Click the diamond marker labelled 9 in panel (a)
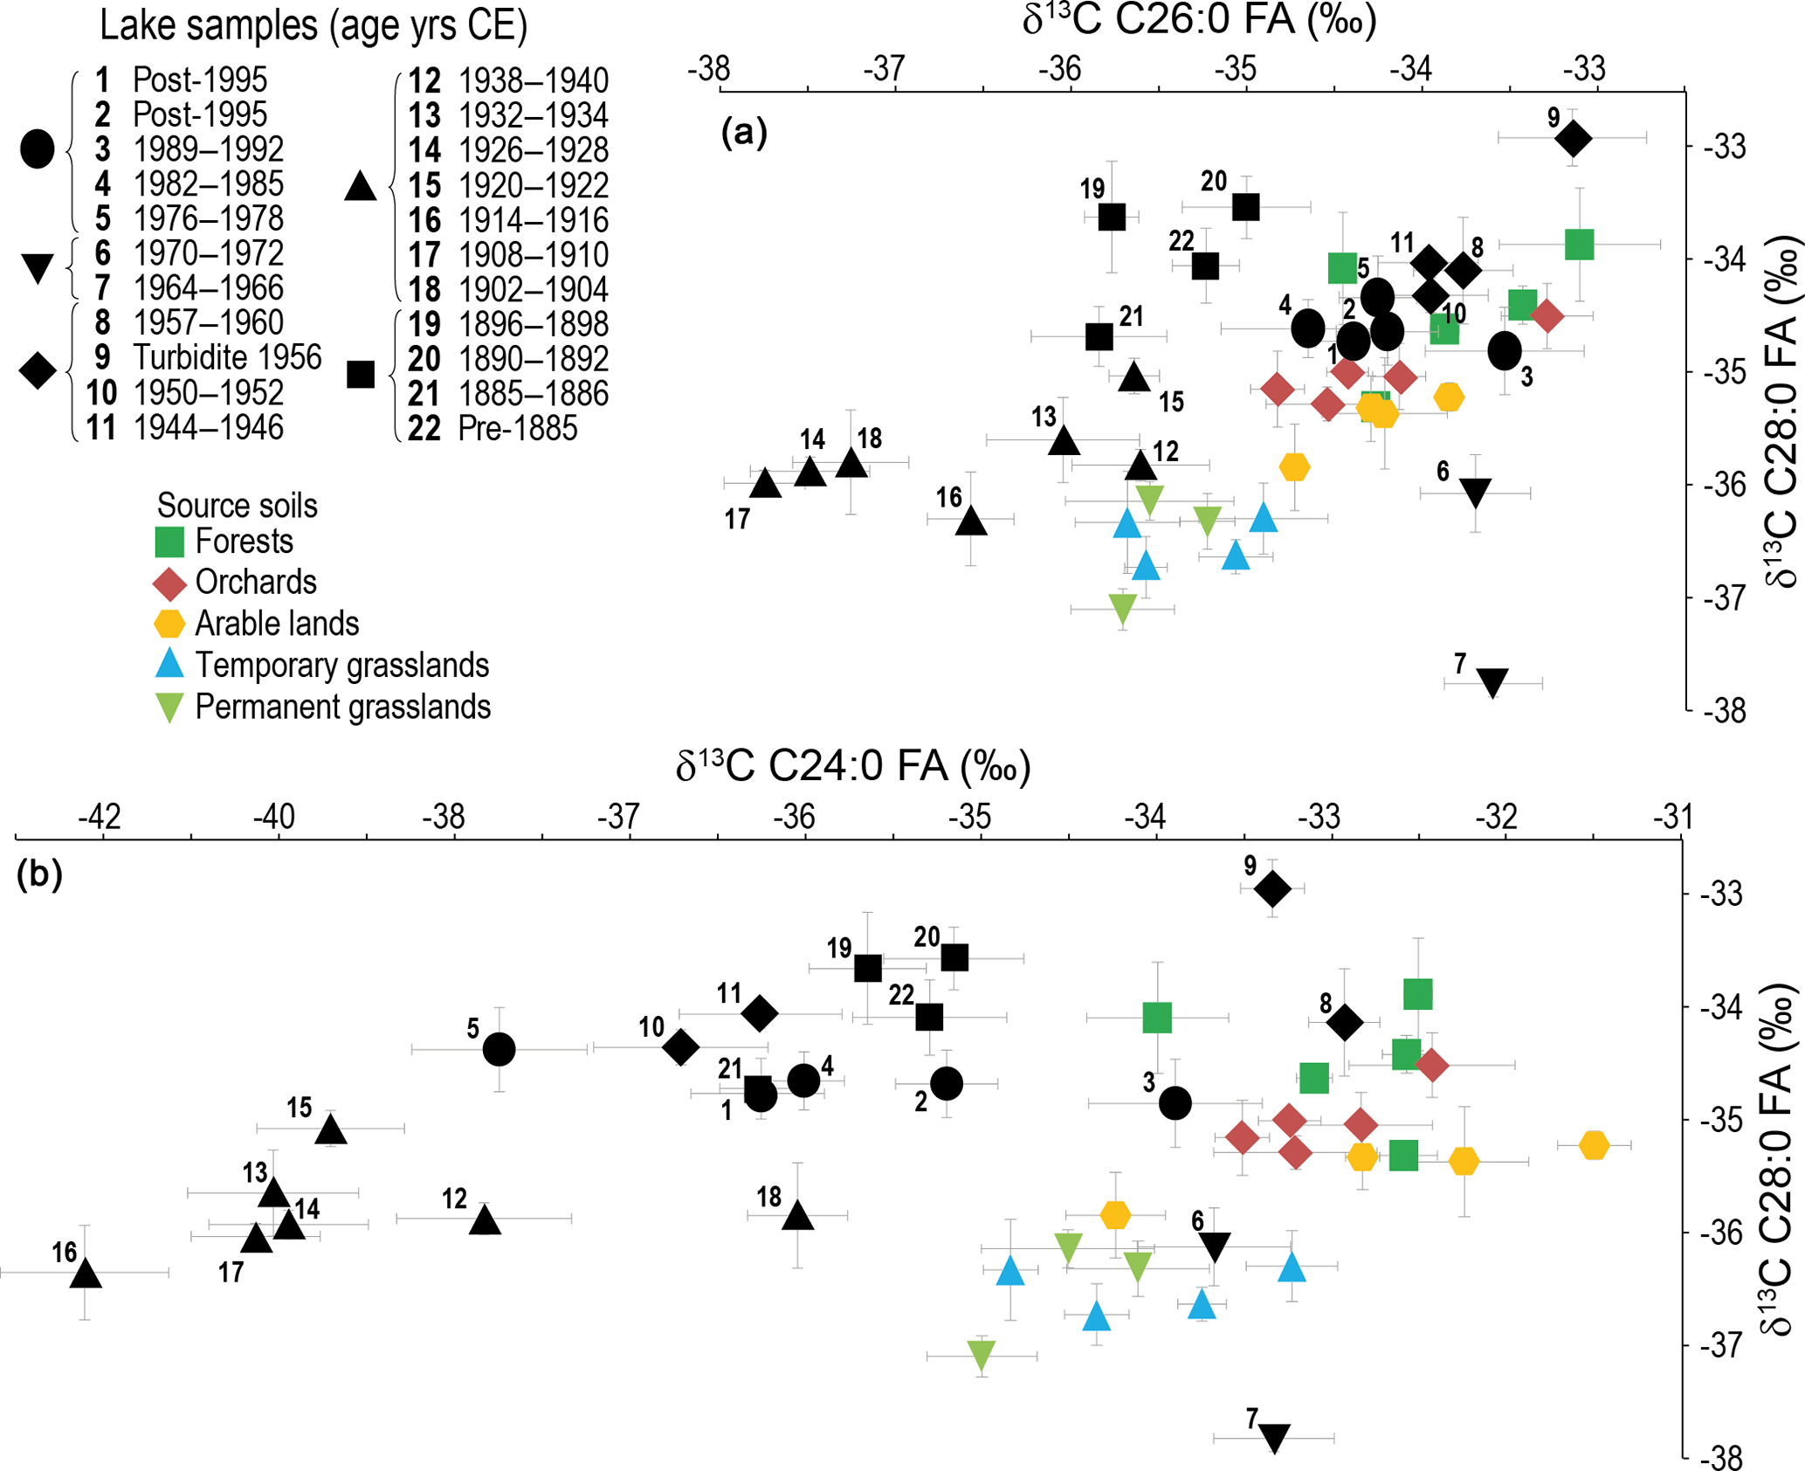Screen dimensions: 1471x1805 (1573, 138)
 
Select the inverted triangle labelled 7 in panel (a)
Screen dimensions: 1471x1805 (1492, 681)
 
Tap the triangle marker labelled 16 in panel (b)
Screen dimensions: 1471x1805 (86, 1274)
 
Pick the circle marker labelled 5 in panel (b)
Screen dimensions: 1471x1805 (499, 1049)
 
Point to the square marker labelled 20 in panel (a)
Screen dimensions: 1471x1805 (1246, 207)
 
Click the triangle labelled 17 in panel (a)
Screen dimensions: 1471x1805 (766, 483)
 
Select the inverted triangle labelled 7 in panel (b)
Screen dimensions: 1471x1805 (1274, 1437)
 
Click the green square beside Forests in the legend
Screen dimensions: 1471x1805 (169, 542)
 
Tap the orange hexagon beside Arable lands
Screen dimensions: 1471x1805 (169, 624)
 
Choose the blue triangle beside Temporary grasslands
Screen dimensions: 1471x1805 (169, 664)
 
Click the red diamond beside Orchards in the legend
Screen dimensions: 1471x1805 (169, 583)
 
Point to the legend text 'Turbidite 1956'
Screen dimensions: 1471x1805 (227, 357)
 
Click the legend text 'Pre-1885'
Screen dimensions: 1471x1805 (517, 429)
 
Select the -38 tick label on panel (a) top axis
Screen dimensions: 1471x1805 (708, 68)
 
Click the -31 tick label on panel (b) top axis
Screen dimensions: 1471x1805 (1672, 817)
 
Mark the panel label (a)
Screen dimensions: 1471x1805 (744, 133)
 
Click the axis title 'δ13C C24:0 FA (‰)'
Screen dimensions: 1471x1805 (853, 766)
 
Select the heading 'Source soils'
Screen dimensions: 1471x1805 (237, 506)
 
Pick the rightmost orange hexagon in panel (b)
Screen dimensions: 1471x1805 (1594, 1145)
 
